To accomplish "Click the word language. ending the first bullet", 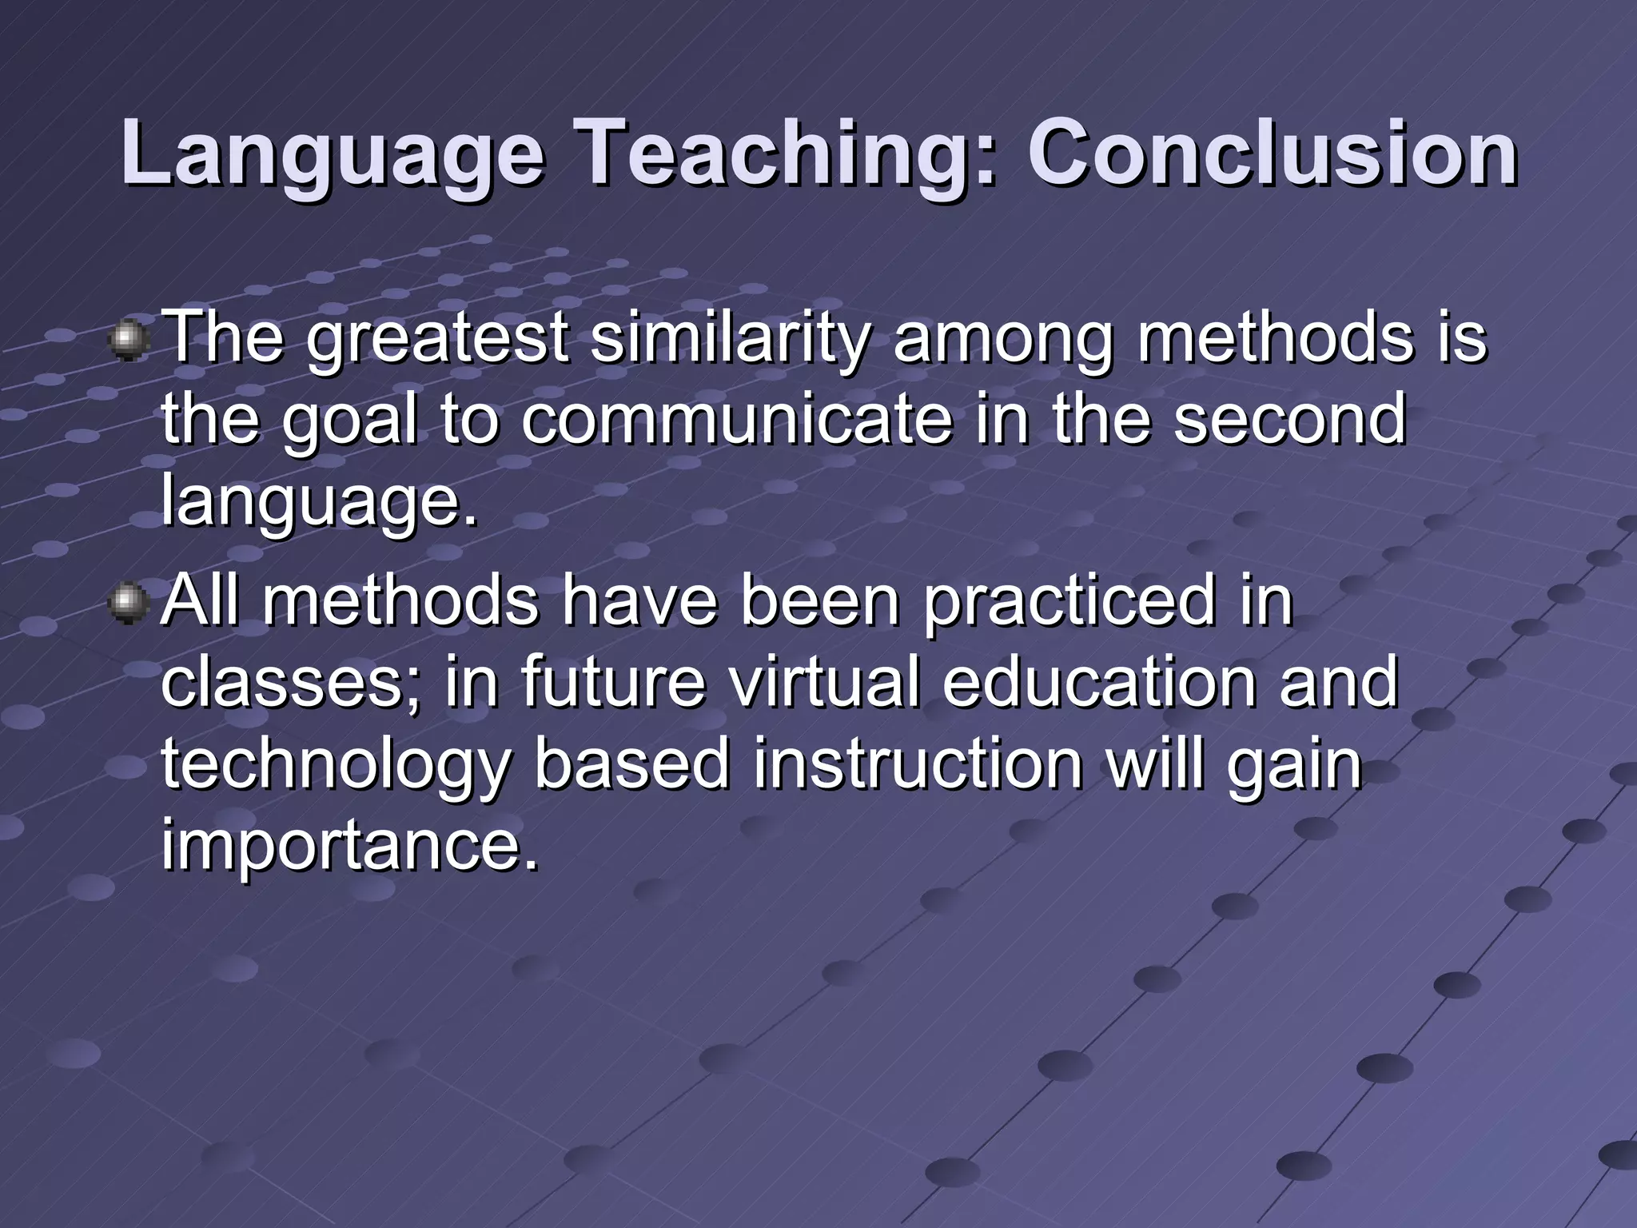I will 318,504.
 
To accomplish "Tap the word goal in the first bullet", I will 349,422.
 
